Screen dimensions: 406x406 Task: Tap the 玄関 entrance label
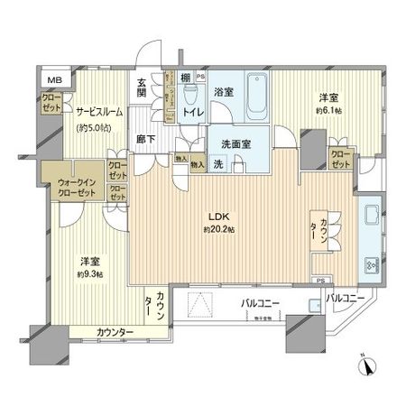point(143,88)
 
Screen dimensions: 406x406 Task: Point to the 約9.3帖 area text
point(86,272)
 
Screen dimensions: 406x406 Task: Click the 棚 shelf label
point(185,78)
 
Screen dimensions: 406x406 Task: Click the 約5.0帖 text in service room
point(97,129)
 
